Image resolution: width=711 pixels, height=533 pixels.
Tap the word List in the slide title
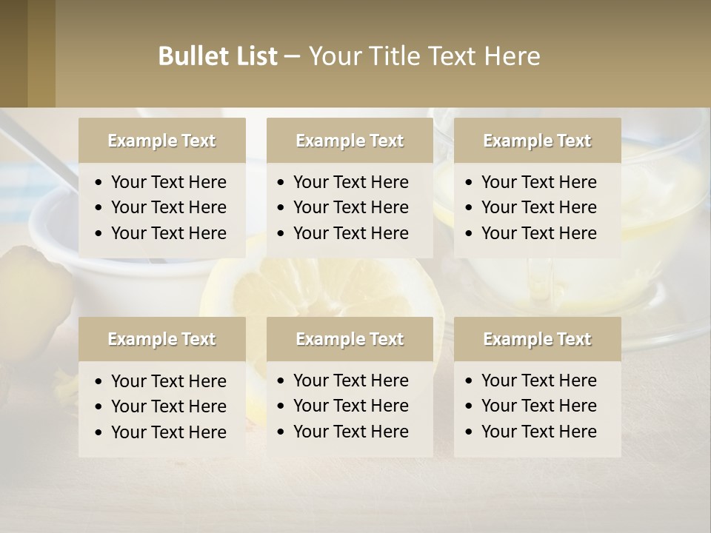coord(253,56)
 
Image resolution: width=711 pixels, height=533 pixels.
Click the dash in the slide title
coord(292,57)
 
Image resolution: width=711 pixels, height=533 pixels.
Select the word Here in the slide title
coord(512,56)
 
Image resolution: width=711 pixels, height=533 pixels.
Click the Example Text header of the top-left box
coord(161,141)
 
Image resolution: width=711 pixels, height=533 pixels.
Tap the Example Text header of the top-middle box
coord(350,141)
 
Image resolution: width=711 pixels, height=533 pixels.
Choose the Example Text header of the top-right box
coord(537,141)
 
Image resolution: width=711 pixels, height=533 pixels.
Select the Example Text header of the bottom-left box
coord(161,339)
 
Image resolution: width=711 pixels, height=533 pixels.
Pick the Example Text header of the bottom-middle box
coord(350,339)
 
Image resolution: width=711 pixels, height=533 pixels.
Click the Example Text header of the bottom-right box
coord(537,339)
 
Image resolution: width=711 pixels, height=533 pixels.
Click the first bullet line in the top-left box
coord(168,182)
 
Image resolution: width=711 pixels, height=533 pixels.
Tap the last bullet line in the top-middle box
coord(350,233)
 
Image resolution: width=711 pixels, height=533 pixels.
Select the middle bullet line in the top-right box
coord(538,208)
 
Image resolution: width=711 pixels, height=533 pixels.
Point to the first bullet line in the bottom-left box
coord(168,381)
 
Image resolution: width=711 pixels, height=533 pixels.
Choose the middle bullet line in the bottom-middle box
coord(350,406)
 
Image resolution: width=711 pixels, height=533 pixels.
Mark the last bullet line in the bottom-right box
coord(538,432)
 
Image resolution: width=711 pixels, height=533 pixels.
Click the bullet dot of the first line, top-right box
coord(470,183)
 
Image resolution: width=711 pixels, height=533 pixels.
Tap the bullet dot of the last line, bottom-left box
coord(99,432)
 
